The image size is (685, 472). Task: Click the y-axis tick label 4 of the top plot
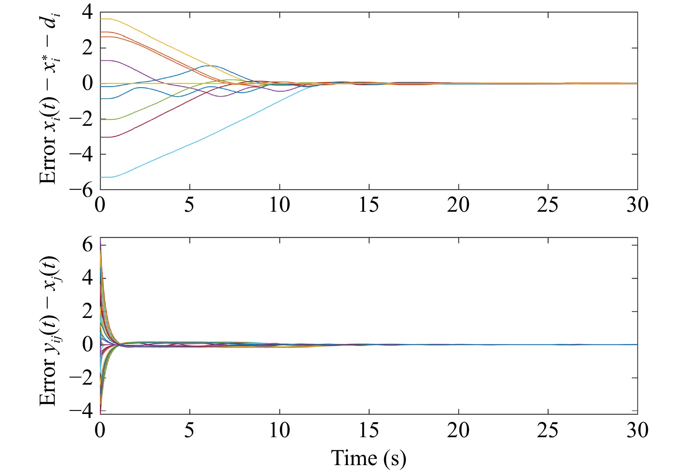coord(87,13)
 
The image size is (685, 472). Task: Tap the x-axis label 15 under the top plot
coord(369,205)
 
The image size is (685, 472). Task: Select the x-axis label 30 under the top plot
coord(637,205)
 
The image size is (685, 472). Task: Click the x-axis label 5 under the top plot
coord(189,205)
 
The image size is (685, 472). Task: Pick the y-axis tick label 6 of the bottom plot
coord(87,245)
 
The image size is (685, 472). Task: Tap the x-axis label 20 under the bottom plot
coord(458,430)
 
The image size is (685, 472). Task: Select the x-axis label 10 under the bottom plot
coord(279,430)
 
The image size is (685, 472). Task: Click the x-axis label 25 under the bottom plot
coord(548,430)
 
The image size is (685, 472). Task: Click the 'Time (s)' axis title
coord(368,458)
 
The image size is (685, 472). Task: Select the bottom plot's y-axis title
coord(49,331)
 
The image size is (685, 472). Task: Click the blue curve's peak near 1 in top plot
coord(210,66)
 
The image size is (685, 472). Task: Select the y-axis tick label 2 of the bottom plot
coord(87,311)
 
